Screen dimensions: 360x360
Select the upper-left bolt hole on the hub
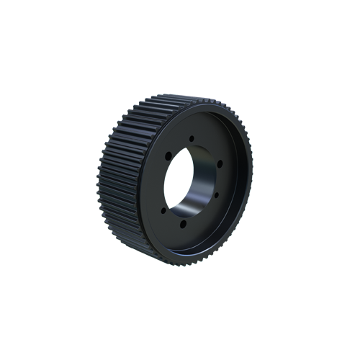[168, 153]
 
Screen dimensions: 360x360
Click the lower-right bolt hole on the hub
[215, 195]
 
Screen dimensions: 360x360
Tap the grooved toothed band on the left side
[119, 180]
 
